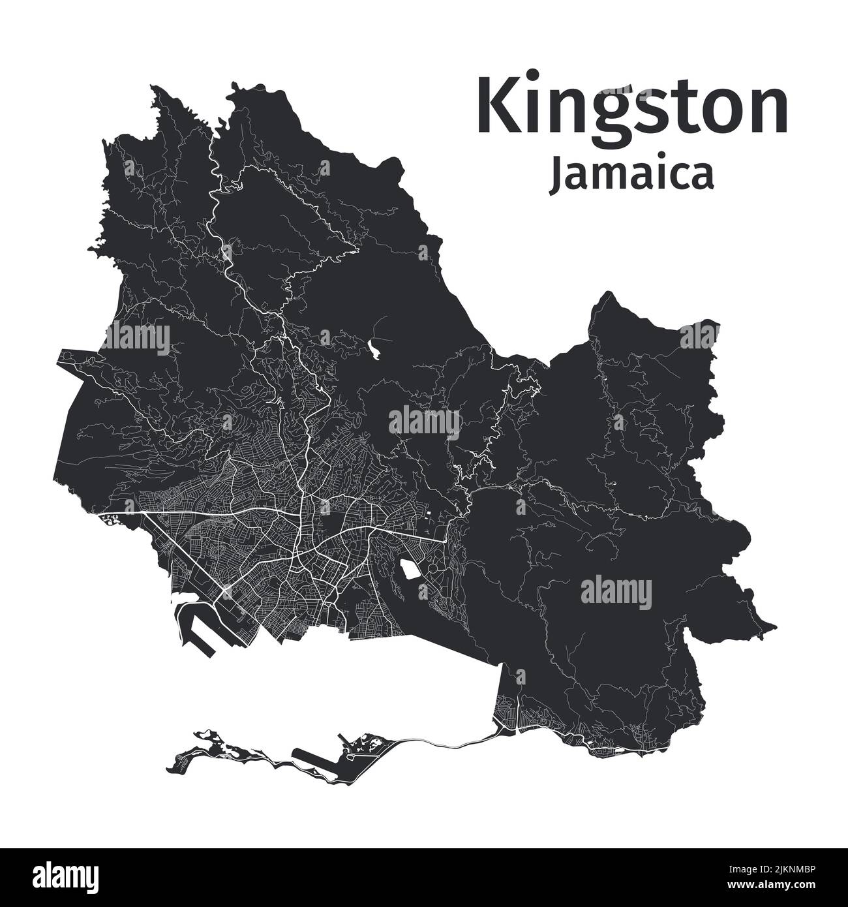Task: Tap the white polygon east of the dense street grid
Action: pyautogui.click(x=411, y=570)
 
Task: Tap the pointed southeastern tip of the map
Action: pyautogui.click(x=775, y=627)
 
